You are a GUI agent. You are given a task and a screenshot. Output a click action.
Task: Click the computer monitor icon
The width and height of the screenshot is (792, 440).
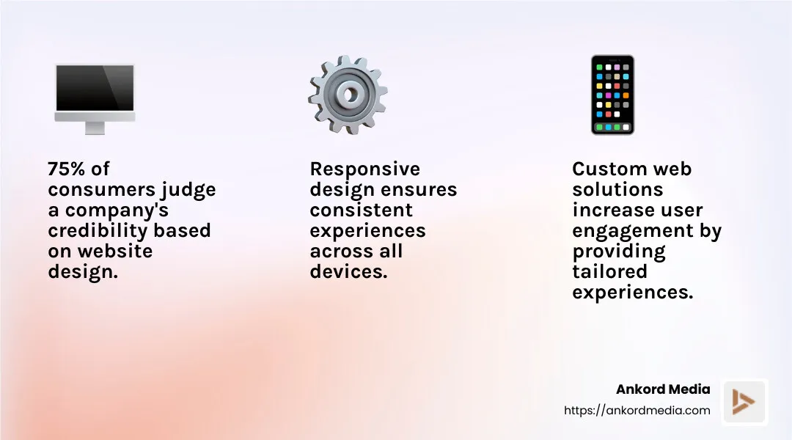[x=95, y=92]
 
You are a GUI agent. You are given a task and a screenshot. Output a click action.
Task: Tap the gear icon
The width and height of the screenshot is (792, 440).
[x=348, y=95]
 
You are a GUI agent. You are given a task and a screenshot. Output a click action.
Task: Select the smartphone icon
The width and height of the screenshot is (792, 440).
[x=612, y=95]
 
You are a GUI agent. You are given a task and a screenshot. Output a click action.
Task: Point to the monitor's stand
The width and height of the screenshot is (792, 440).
[x=95, y=128]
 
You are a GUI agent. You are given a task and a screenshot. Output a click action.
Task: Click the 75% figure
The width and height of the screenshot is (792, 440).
[x=67, y=169]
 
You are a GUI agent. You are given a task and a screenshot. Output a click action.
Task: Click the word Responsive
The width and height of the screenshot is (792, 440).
[x=365, y=169]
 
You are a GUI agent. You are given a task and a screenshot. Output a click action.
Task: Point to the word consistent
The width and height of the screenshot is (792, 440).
[x=361, y=210]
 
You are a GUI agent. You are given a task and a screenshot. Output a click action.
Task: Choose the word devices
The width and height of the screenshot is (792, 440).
[x=347, y=271]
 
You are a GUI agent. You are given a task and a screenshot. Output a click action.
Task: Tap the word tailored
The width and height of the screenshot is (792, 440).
[x=610, y=271]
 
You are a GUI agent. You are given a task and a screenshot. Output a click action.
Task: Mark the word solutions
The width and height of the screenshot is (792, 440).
[x=617, y=189]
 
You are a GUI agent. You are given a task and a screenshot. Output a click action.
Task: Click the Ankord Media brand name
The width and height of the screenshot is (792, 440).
[x=662, y=389]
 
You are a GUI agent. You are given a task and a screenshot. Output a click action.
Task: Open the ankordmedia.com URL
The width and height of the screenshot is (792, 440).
[x=637, y=411]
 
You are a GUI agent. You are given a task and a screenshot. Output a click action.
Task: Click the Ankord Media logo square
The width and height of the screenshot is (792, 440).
[x=744, y=402]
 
